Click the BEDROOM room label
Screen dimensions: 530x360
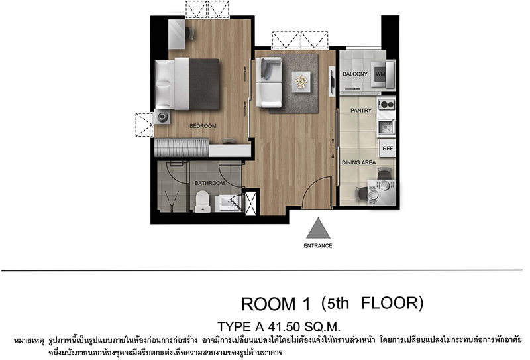point(203,126)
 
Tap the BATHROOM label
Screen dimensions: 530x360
point(209,183)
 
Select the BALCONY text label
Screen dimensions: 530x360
point(355,74)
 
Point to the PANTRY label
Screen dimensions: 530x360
point(361,110)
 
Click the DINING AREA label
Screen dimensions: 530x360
point(358,162)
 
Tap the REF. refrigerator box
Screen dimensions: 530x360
point(388,149)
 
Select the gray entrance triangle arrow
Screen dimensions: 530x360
point(318,229)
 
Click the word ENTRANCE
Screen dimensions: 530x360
point(318,246)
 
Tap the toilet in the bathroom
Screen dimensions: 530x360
point(203,202)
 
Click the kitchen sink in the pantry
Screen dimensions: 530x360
point(386,127)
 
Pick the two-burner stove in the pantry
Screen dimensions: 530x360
point(386,105)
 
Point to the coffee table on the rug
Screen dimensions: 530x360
point(301,82)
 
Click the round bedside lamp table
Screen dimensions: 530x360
point(162,117)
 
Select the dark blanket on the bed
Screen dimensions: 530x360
point(204,84)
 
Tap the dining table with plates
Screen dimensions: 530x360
point(381,192)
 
